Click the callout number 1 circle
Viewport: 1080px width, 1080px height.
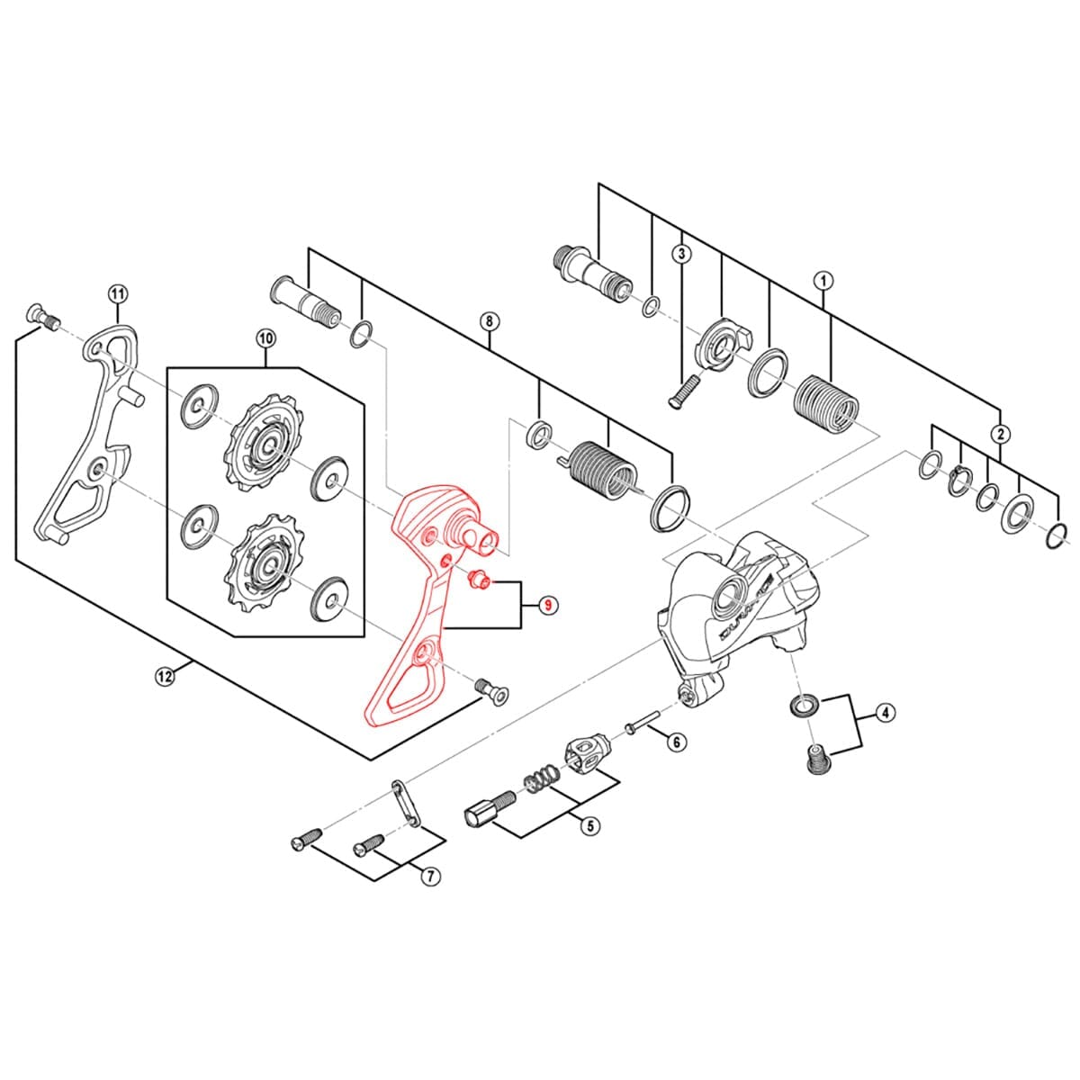coord(823,280)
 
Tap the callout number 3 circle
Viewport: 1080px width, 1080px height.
coord(681,254)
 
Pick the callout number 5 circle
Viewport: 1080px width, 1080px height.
coord(589,824)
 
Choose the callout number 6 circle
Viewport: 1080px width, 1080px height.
coord(676,742)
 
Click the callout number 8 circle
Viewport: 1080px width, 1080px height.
coord(488,320)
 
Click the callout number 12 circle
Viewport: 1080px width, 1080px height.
coord(164,678)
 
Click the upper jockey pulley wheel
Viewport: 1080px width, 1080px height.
coord(266,444)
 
